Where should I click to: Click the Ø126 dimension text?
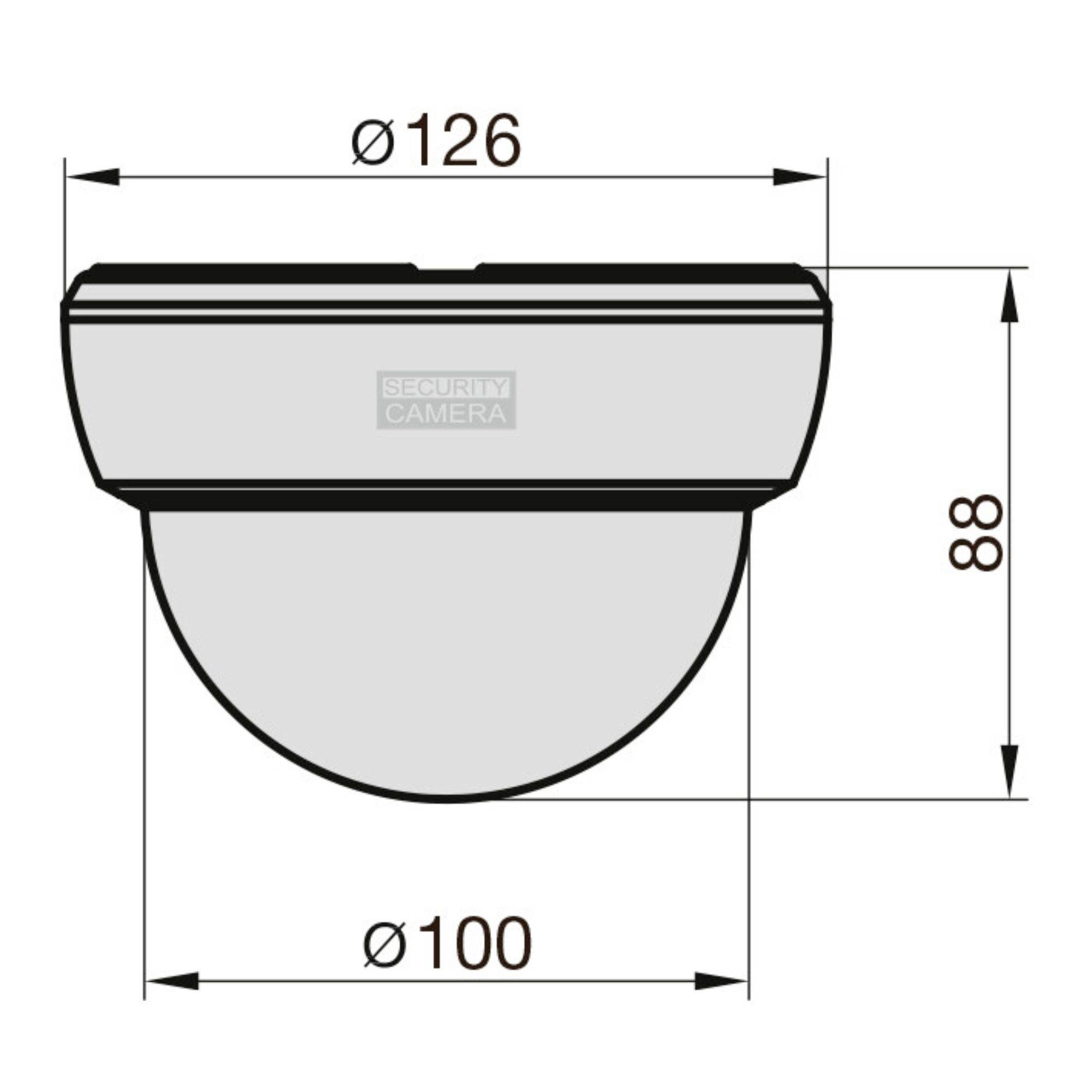click(x=435, y=141)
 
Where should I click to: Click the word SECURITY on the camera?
click(x=445, y=388)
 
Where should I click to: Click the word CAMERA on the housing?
click(x=445, y=414)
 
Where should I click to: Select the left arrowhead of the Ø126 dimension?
click(x=93, y=176)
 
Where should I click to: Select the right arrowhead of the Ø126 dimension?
click(x=799, y=176)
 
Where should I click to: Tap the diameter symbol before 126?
click(x=371, y=142)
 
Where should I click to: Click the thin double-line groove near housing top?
click(x=446, y=312)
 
